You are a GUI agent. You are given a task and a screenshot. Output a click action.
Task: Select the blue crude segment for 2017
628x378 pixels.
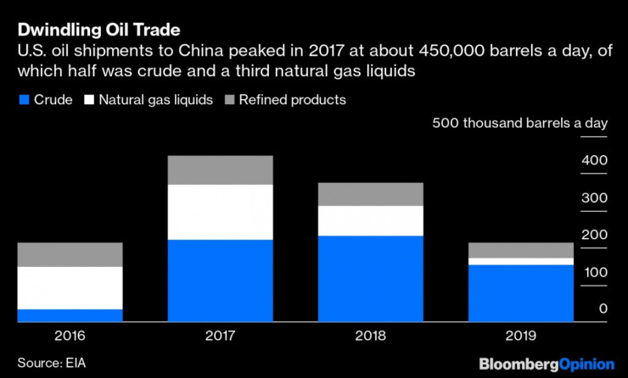[x=221, y=281]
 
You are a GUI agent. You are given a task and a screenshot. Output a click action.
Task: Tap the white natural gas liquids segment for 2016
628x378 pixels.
[x=70, y=288]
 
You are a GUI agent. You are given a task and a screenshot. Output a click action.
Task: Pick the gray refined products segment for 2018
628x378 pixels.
[x=370, y=194]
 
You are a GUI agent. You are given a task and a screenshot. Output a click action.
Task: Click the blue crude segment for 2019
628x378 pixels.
[x=521, y=293]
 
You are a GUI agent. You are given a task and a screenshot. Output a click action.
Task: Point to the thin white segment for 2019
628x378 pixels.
[x=521, y=261]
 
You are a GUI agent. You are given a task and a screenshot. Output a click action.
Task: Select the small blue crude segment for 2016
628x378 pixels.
[x=70, y=315]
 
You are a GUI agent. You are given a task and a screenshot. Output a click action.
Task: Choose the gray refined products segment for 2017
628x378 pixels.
[x=221, y=170]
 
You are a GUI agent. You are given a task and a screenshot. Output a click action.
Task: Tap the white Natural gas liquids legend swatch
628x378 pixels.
[x=87, y=101]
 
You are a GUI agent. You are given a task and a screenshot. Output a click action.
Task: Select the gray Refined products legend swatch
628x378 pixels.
[x=227, y=101]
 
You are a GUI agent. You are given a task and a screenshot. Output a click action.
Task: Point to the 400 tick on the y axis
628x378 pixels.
[x=595, y=160]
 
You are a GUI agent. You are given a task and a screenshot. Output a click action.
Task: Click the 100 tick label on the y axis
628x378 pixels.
[x=596, y=272]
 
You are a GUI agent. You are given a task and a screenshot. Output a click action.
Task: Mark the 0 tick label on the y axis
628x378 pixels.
[x=603, y=309]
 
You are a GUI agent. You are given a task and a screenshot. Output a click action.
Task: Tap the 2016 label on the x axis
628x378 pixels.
[x=70, y=336]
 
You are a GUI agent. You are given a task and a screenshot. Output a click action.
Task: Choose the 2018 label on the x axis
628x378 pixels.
[x=370, y=336]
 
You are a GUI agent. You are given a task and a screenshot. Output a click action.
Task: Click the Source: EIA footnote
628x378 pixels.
[x=52, y=364]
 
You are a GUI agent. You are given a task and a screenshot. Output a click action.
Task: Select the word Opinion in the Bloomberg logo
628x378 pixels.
[x=585, y=364]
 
